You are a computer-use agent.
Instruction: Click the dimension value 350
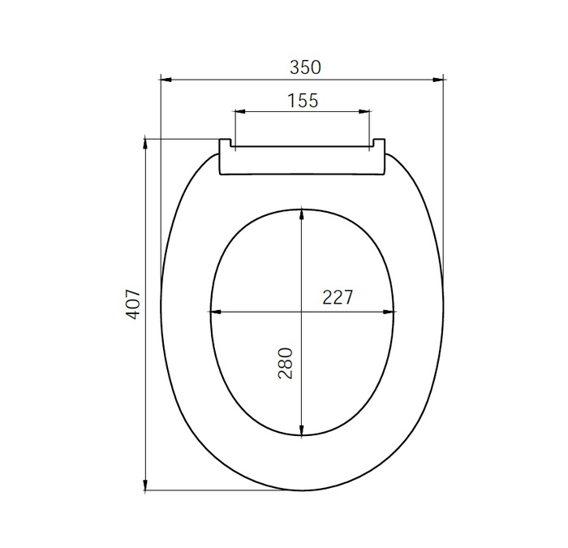click(x=305, y=67)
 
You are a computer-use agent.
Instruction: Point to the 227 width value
click(x=338, y=297)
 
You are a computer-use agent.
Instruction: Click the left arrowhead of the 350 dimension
click(x=165, y=79)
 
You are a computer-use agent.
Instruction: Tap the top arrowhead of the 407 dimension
click(x=146, y=144)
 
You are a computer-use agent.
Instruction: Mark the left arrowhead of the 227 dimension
click(x=215, y=312)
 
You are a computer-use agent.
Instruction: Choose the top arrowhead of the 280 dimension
click(x=302, y=214)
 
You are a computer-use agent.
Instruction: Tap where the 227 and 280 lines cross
click(x=302, y=312)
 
